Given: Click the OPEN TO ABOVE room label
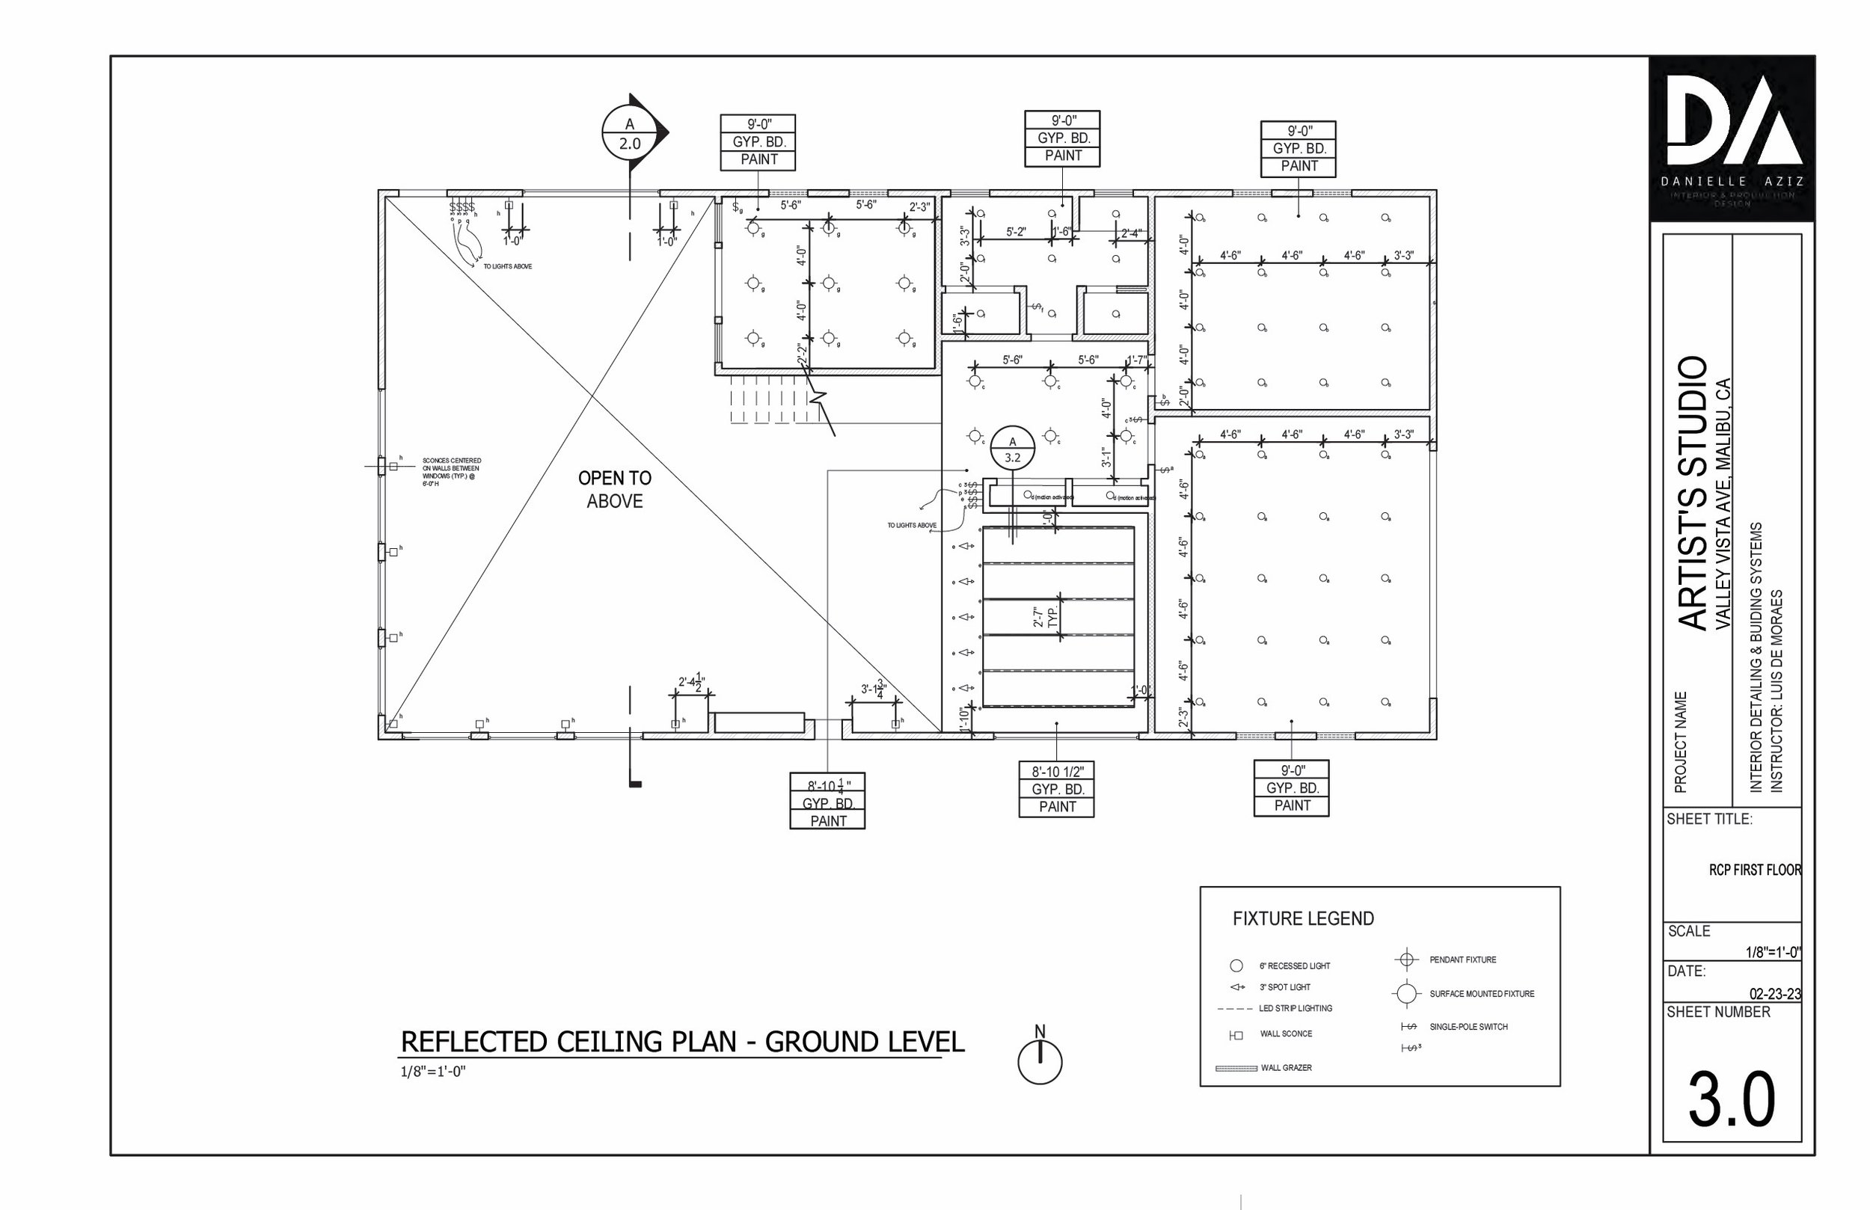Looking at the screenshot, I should pyautogui.click(x=614, y=489).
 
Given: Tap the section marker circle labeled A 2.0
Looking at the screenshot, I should pyautogui.click(x=629, y=134).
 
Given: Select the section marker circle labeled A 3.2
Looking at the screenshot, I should pyautogui.click(x=1012, y=449).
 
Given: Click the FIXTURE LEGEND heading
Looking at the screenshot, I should pyautogui.click(x=1303, y=918).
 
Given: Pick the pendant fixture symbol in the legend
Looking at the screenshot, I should pyautogui.click(x=1406, y=959).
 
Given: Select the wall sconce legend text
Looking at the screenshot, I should pyautogui.click(x=1285, y=1034).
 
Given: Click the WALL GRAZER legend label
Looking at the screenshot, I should pyautogui.click(x=1287, y=1068).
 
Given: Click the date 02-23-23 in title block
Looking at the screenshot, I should pyautogui.click(x=1774, y=994).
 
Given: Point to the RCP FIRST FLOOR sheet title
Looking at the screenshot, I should pyautogui.click(x=1755, y=870).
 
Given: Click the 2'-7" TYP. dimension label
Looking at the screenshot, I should pyautogui.click(x=1045, y=616).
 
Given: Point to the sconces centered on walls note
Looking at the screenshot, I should pyautogui.click(x=451, y=472).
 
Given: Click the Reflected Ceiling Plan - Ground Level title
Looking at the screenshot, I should pyautogui.click(x=682, y=1042).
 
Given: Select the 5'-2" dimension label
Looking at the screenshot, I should pyautogui.click(x=1015, y=233).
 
